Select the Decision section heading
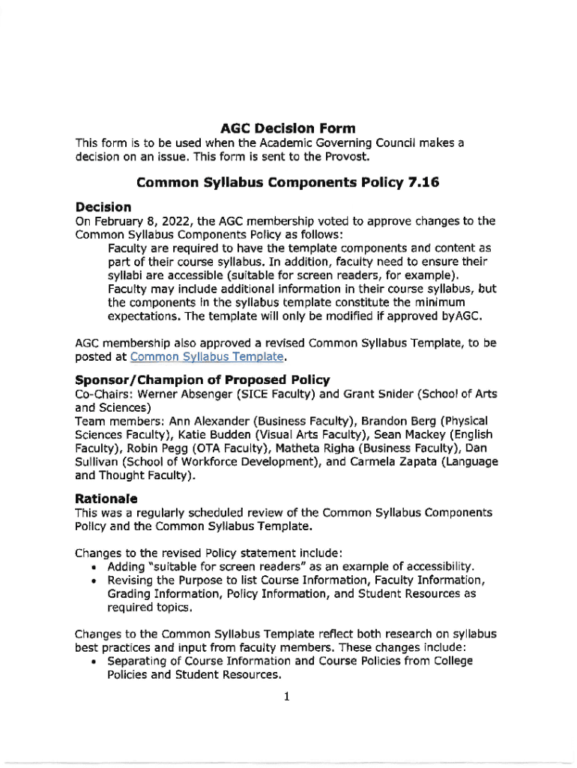(103, 206)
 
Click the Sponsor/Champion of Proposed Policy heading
(202, 379)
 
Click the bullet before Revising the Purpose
(91, 580)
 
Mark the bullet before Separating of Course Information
(91, 661)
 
